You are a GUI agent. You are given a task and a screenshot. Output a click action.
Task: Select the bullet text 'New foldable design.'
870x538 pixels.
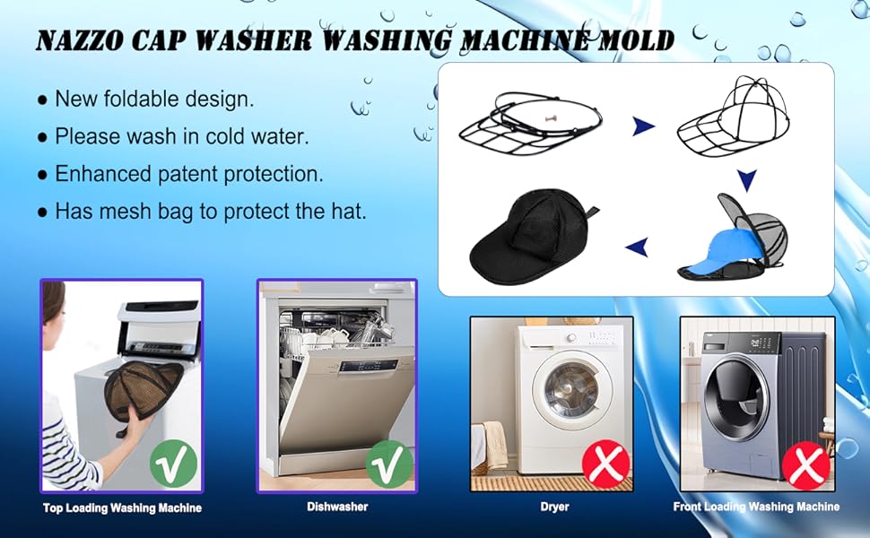click(x=154, y=99)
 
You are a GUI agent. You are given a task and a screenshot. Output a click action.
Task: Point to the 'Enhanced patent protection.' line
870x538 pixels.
click(x=189, y=174)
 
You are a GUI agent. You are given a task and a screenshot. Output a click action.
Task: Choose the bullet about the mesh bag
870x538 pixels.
click(x=211, y=212)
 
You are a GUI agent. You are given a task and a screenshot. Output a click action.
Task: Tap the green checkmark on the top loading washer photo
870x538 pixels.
click(x=173, y=464)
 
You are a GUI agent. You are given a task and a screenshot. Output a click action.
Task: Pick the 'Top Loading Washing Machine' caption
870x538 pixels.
click(x=122, y=508)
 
